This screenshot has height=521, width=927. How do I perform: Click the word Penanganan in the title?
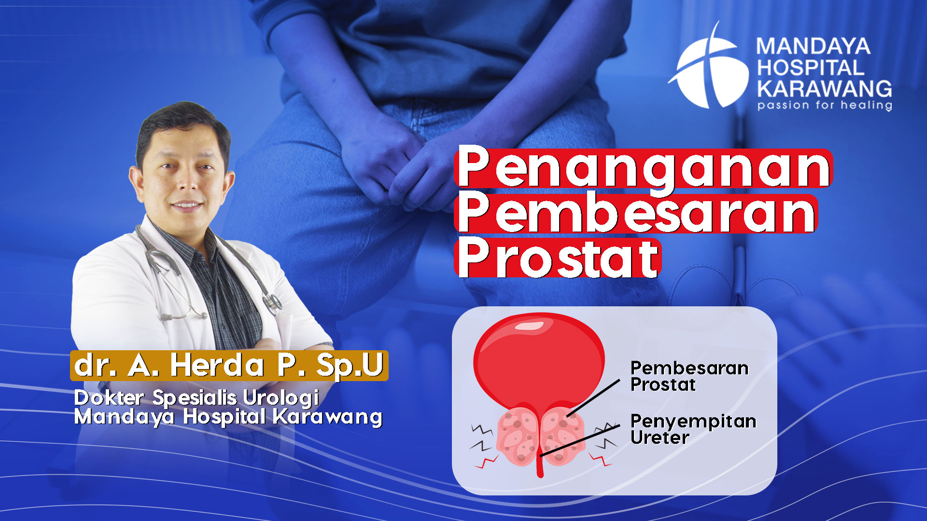644,168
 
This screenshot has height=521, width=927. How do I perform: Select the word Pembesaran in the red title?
636,213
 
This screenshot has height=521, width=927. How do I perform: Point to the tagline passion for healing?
824,105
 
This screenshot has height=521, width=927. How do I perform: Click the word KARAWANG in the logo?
824,88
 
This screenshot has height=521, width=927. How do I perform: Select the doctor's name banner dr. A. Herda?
229,365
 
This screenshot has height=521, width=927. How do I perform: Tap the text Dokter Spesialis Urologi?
197,398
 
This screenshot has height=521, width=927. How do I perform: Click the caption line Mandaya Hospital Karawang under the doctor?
228,417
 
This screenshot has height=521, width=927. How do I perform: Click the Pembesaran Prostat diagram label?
689,376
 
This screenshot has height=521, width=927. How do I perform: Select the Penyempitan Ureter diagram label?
693,429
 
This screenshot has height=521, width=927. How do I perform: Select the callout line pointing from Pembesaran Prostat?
593,398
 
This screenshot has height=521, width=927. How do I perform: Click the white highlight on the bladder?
529,326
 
